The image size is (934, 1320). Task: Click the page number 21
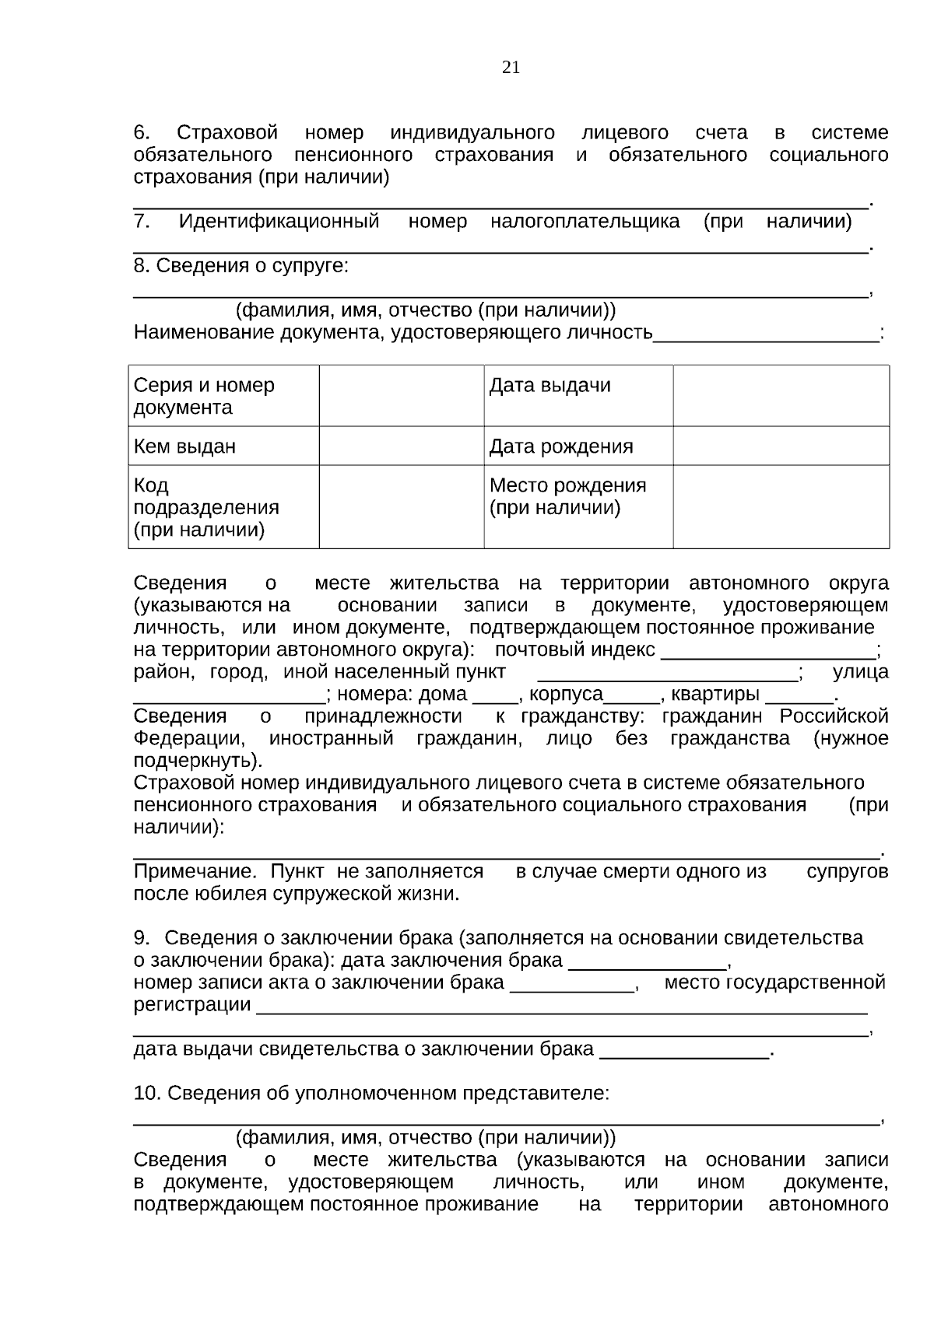pos(511,68)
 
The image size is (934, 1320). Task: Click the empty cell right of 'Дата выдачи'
pos(781,395)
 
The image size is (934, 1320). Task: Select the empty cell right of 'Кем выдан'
pos(401,446)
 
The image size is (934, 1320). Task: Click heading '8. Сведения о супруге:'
pos(241,266)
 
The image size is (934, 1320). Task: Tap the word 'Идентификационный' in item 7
pos(279,222)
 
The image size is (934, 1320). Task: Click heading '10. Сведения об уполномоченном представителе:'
pos(371,1093)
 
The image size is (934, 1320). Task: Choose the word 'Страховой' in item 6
pos(227,133)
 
